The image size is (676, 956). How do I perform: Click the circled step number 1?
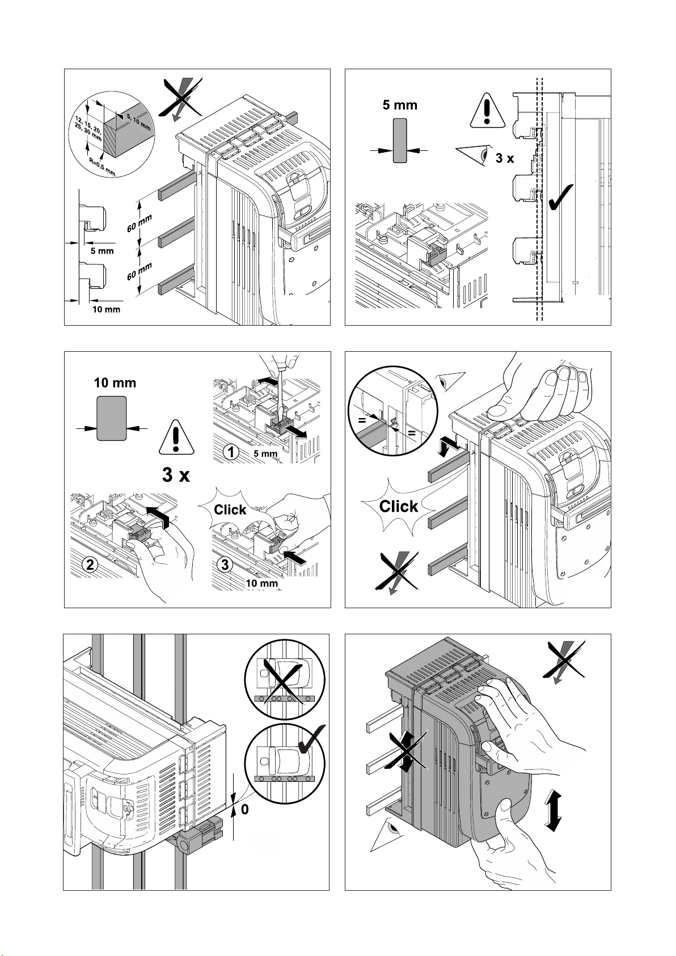click(230, 453)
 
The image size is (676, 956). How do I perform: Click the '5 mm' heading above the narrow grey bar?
click(400, 105)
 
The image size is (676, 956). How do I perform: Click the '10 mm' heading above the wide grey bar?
click(115, 382)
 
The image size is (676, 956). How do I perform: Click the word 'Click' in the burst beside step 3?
click(230, 509)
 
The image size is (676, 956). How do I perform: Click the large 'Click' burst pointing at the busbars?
click(398, 506)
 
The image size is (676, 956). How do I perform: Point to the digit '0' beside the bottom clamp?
click(244, 810)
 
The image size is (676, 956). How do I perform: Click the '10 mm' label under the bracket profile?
click(107, 310)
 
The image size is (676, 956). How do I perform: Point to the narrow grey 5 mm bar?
click(400, 140)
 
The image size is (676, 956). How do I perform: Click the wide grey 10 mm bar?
click(112, 418)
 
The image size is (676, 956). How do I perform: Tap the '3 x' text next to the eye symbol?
click(504, 158)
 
